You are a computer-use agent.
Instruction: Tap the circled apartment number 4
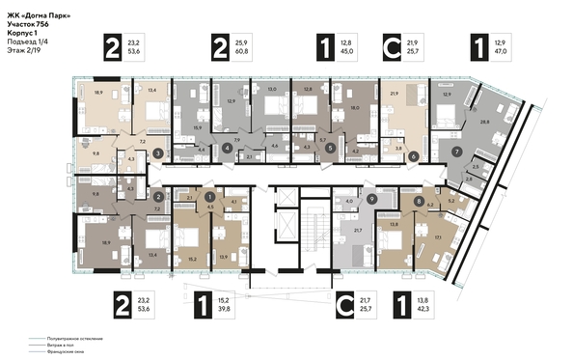tap(227, 149)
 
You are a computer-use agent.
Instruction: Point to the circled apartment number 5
tap(330, 149)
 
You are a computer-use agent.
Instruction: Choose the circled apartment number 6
tap(413, 156)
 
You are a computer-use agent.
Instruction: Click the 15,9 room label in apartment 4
tap(199, 127)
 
